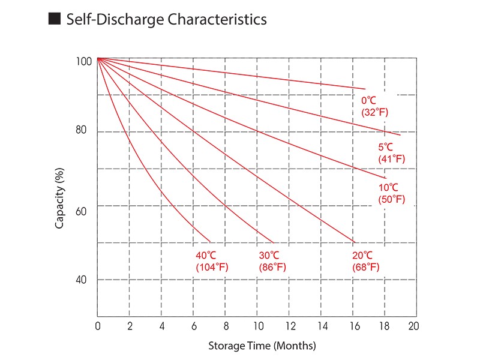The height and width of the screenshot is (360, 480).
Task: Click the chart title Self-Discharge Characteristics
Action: click(166, 19)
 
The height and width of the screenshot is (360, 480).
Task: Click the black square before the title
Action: click(54, 19)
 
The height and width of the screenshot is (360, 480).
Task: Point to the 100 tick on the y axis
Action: click(84, 62)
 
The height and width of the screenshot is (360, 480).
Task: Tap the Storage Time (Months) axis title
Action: click(262, 346)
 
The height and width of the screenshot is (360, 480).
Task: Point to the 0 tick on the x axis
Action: click(98, 326)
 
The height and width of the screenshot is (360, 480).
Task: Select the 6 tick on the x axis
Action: click(194, 326)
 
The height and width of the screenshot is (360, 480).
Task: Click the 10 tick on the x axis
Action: click(258, 326)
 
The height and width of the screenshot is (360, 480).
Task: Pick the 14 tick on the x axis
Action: click(322, 326)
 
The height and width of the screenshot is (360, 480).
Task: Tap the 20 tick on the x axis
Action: click(413, 326)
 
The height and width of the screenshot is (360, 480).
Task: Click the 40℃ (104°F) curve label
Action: click(212, 261)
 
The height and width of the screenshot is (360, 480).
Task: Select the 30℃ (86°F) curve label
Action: click(272, 261)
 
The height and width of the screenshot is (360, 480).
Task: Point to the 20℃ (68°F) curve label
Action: click(365, 261)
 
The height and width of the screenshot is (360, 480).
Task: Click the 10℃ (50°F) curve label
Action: click(391, 193)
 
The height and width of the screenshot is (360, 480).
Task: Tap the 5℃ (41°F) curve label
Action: click(391, 153)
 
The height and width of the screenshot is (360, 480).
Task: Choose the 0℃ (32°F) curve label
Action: click(374, 106)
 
